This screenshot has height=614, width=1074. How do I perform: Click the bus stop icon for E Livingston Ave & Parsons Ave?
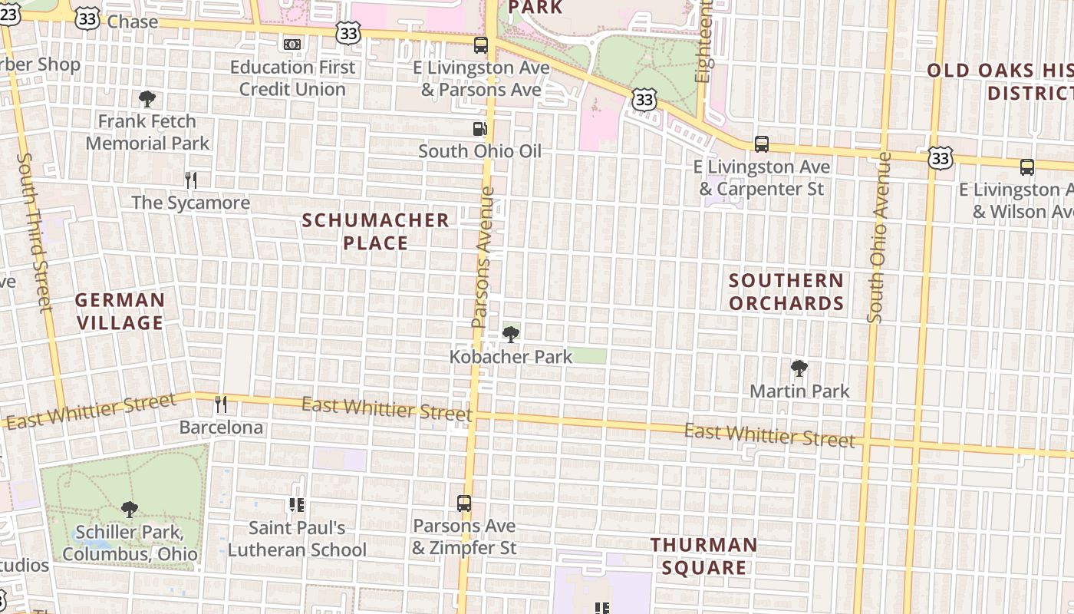pyautogui.click(x=481, y=45)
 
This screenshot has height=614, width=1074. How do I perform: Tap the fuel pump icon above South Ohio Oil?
pyautogui.click(x=480, y=129)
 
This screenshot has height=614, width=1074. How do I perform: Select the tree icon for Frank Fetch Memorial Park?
pyautogui.click(x=147, y=99)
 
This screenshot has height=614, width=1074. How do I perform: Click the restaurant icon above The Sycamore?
pyautogui.click(x=191, y=180)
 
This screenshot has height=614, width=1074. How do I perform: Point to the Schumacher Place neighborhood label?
pyautogui.click(x=375, y=232)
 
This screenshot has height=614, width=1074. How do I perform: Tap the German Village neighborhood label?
pyautogui.click(x=120, y=311)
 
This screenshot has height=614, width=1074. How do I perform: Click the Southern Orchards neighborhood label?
pyautogui.click(x=786, y=292)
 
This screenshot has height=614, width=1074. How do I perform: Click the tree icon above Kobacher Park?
pyautogui.click(x=511, y=335)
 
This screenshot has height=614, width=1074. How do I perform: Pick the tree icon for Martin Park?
pyautogui.click(x=799, y=368)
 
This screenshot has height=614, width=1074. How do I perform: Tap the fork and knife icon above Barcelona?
pyautogui.click(x=221, y=404)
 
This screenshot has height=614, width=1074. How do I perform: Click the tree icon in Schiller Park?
pyautogui.click(x=130, y=509)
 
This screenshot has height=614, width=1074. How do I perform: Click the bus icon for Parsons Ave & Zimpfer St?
pyautogui.click(x=464, y=503)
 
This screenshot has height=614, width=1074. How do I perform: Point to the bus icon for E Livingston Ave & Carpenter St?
pyautogui.click(x=761, y=144)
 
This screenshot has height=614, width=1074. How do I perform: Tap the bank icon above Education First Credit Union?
pyautogui.click(x=292, y=45)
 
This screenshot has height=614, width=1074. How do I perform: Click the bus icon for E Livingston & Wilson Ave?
pyautogui.click(x=1026, y=167)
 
